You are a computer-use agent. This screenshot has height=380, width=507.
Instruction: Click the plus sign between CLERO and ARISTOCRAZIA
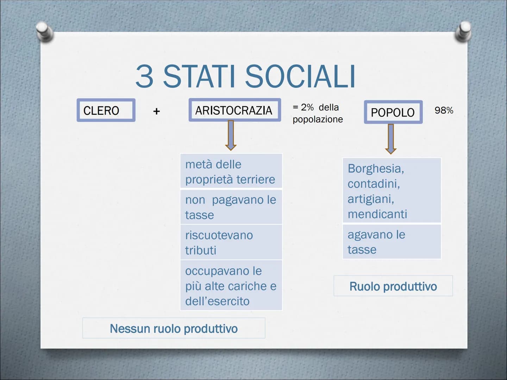point(156,112)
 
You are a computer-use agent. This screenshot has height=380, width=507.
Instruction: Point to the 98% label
point(444,110)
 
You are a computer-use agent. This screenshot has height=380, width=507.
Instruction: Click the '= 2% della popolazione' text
point(318,113)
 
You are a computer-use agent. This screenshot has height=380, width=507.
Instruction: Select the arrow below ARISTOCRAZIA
point(231,135)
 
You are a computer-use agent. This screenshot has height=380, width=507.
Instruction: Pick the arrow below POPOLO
point(391,139)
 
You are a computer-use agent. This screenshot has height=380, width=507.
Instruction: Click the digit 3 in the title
point(144,76)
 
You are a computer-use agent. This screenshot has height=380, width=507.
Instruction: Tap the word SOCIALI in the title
point(300,76)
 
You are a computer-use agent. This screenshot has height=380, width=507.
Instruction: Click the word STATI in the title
point(199,76)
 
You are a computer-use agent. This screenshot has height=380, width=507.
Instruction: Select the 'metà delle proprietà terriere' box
point(231,171)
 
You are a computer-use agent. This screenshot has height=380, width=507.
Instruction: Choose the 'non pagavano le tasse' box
point(231,207)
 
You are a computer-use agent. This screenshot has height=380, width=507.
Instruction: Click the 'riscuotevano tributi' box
point(231,242)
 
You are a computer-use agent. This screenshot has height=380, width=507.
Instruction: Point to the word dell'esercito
point(217,301)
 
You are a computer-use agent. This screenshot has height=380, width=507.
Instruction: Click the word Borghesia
point(376,169)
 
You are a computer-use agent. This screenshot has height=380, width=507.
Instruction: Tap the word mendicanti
point(377,214)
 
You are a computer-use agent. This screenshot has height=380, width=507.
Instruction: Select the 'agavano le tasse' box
point(392,242)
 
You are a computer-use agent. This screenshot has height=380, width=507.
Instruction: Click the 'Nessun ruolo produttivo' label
point(174,328)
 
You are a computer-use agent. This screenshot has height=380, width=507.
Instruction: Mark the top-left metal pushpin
point(45,32)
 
